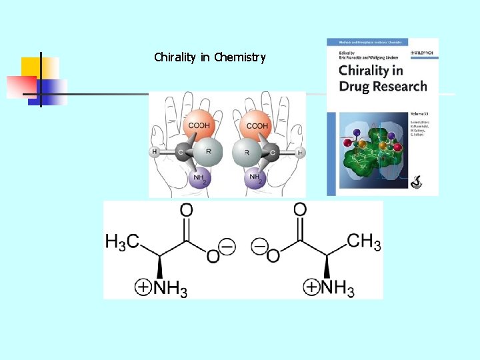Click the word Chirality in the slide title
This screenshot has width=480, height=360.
click(175, 57)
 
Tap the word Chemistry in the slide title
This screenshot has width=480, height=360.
click(240, 57)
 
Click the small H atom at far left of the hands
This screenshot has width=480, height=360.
click(154, 152)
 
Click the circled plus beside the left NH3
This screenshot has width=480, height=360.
click(143, 288)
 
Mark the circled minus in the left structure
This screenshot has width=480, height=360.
click(227, 247)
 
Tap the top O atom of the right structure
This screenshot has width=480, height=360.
click(300, 211)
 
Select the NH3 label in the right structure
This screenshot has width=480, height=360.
click(338, 289)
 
